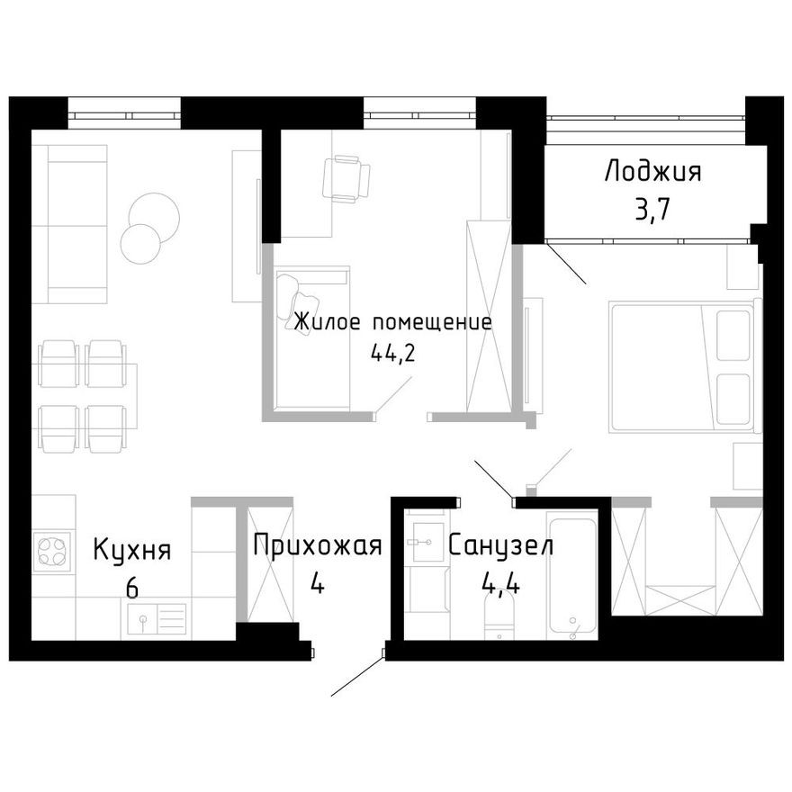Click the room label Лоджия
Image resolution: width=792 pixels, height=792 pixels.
tap(652, 172)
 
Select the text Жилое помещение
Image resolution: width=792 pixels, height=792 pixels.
tap(393, 322)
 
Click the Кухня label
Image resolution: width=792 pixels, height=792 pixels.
tap(132, 549)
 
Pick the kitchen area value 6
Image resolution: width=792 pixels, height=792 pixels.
tap(132, 589)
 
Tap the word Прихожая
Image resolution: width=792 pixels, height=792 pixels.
tap(318, 546)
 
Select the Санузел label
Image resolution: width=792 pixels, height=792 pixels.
tap(500, 546)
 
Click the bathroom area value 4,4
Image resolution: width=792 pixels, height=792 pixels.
tap(499, 586)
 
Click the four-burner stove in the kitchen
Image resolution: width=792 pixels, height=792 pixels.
tap(53, 551)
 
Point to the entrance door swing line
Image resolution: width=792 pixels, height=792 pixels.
tap(358, 676)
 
